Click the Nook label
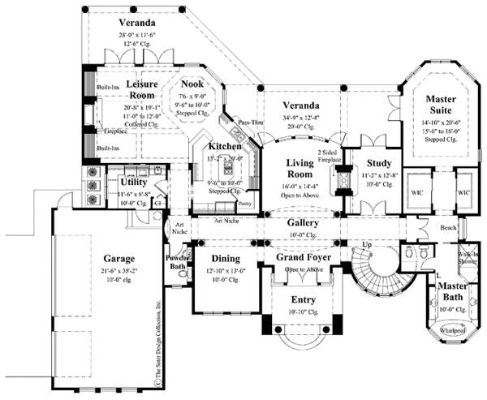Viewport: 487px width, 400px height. coord(192,84)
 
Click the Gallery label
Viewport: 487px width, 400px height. coord(302,222)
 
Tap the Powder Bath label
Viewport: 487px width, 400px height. coord(177,263)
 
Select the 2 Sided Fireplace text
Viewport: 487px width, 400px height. coord(331,156)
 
